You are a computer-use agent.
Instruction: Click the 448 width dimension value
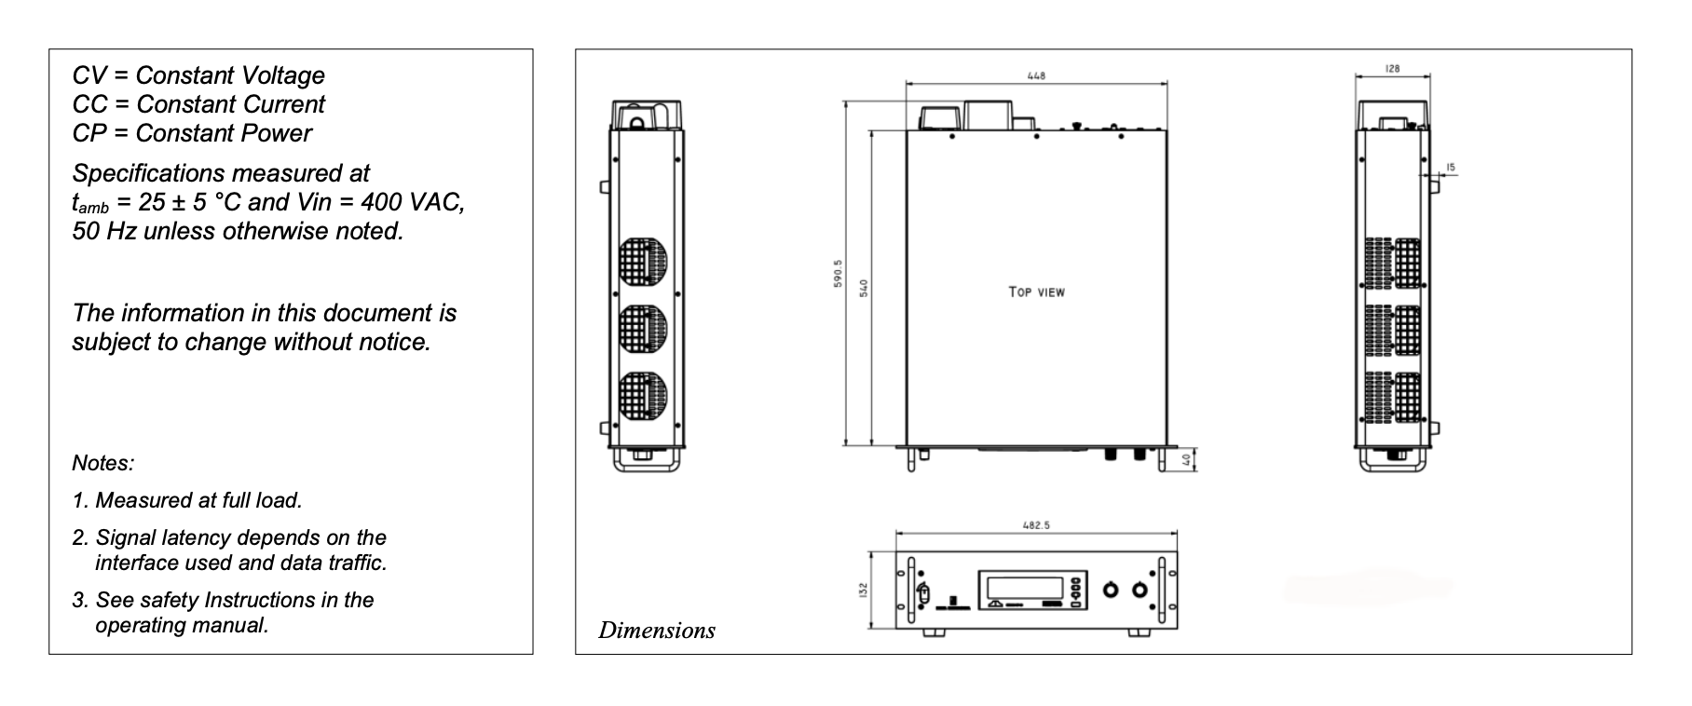coord(1036,75)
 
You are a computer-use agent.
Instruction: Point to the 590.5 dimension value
coord(839,274)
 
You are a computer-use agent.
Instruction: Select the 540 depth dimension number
coord(864,288)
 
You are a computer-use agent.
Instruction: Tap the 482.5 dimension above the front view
coord(1036,525)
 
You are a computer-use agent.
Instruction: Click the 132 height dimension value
coord(864,590)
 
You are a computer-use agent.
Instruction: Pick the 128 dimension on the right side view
coord(1393,69)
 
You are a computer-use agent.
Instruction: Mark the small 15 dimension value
coord(1451,168)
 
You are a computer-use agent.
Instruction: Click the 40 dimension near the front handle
coord(1187,459)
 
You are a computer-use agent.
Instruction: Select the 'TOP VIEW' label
coord(1036,292)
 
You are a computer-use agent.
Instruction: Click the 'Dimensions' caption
coord(657,631)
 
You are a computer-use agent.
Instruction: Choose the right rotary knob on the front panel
coord(1139,591)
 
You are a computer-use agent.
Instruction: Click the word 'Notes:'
coord(103,463)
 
